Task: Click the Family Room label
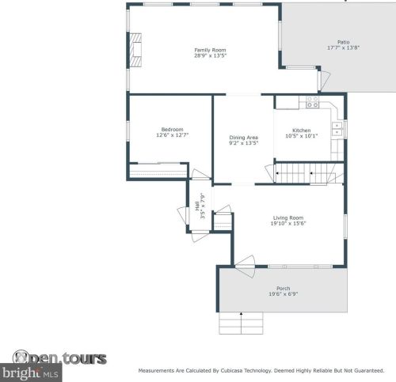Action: [204, 50]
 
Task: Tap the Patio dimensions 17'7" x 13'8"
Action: [343, 48]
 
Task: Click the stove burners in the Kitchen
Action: [312, 103]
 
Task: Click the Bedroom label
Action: [172, 130]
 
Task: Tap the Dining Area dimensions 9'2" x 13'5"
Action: [244, 143]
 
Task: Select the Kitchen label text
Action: [301, 130]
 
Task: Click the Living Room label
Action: [289, 217]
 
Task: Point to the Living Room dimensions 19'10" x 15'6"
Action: [289, 224]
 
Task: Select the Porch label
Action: [283, 288]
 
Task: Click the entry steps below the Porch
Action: [242, 323]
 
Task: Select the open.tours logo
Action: [59, 358]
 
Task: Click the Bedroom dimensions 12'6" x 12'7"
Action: [172, 136]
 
